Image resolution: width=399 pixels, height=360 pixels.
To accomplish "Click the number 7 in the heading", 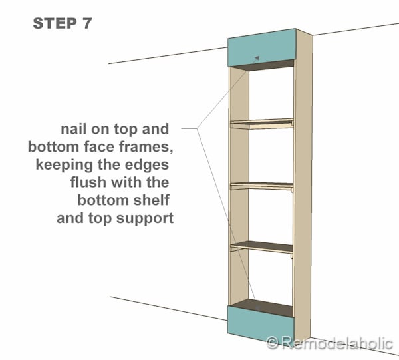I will (87, 23).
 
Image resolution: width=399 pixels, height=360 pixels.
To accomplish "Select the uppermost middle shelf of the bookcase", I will (261, 122).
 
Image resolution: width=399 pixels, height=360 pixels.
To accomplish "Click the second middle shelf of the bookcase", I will (261, 184).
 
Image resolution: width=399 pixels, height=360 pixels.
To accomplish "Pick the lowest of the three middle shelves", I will (261, 246).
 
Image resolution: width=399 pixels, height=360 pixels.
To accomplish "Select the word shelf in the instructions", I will (155, 200).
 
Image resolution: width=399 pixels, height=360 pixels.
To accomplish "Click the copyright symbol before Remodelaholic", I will (272, 343).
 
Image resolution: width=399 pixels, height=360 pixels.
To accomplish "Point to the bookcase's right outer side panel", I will (304, 186).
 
